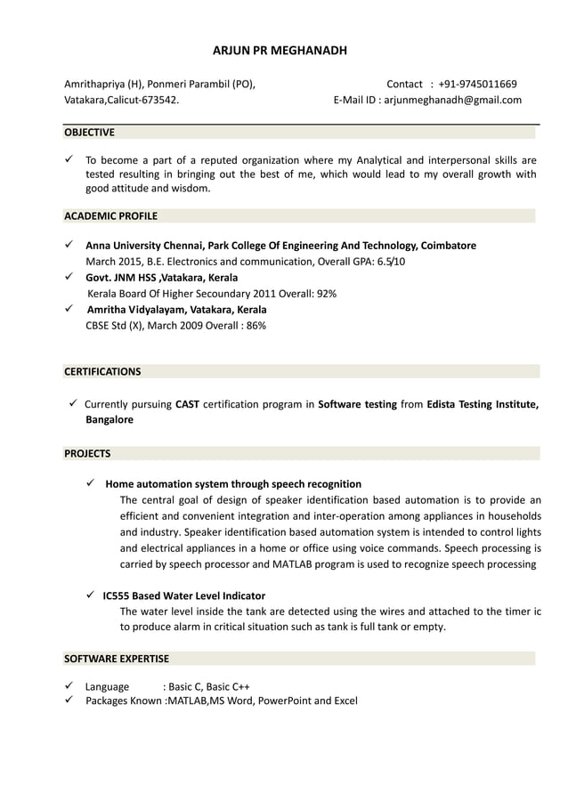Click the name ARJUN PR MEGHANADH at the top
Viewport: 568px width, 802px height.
coord(280,51)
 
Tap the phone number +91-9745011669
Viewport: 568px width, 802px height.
coord(478,85)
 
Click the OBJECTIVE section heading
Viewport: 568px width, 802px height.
coord(89,133)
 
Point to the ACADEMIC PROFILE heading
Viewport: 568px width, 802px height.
coord(110,215)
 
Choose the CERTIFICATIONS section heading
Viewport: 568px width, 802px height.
coord(102,371)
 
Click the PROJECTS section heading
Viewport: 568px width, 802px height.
coord(87,453)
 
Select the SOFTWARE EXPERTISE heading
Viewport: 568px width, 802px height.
coord(117,659)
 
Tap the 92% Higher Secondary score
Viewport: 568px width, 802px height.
coord(326,294)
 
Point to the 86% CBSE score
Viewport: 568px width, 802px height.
coord(256,326)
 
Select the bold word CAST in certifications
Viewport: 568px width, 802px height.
coord(187,404)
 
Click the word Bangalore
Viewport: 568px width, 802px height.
coord(110,419)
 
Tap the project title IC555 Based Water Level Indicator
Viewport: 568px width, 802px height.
coord(183,595)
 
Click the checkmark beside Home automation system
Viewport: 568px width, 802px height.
coord(90,483)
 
